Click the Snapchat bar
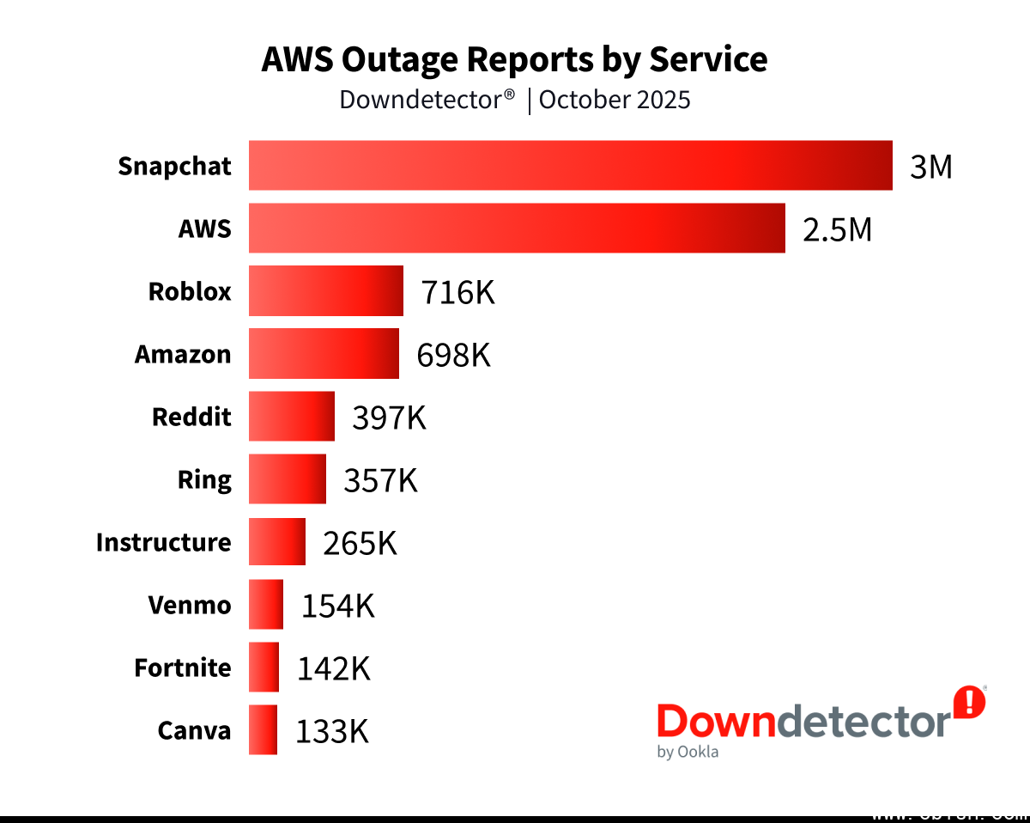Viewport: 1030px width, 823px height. coord(570,165)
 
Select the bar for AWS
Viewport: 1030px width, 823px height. coord(517,228)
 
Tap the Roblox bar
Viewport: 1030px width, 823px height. coord(326,291)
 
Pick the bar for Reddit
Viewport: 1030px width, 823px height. coord(292,417)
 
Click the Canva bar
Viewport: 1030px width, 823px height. coord(264,730)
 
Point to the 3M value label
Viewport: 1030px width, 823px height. coord(931,167)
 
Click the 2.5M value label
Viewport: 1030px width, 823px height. coord(837,229)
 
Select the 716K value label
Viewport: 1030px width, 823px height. coord(457,292)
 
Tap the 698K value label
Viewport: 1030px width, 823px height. coord(453,355)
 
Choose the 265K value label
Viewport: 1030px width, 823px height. coord(360,543)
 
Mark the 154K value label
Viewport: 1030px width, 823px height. coord(337,606)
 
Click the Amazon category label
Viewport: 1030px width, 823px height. coord(183,354)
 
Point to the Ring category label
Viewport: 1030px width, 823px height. coord(204,479)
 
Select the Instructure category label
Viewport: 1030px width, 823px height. coord(163,542)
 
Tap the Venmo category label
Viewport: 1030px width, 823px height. coord(190,605)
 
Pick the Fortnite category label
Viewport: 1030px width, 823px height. coord(183,668)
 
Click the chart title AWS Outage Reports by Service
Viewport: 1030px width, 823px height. coord(514,59)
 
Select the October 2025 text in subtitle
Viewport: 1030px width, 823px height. coord(615,100)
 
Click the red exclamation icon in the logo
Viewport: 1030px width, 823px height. coord(970,701)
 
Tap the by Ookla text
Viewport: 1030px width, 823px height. coord(688,752)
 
